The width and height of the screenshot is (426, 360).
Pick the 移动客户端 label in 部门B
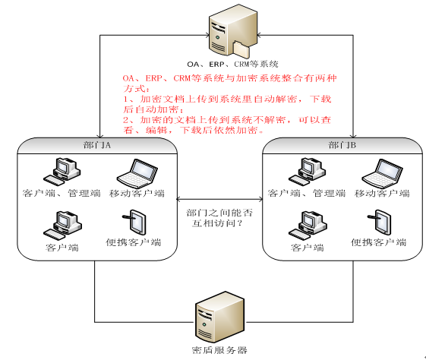(x=381, y=194)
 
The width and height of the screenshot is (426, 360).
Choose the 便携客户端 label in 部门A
(x=134, y=243)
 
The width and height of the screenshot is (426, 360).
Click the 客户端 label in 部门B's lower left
(x=307, y=248)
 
